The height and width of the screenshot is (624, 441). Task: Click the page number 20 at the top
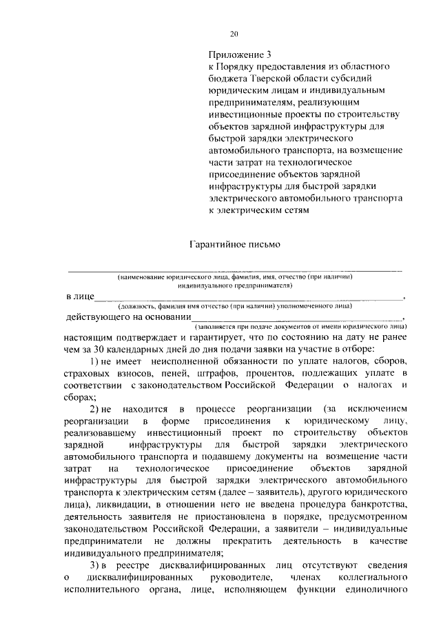(234, 34)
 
